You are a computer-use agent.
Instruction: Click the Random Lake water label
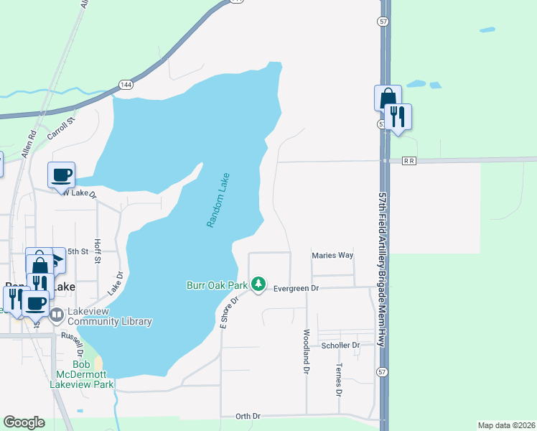coord(218,201)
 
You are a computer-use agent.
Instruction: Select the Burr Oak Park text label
coord(217,285)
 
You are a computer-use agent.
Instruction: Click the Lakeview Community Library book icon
coord(57,314)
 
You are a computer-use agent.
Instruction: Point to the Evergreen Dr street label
coord(295,289)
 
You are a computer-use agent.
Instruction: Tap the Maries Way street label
coord(332,255)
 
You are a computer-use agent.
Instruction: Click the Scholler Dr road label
coord(340,346)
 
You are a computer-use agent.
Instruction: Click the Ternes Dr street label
coord(338,379)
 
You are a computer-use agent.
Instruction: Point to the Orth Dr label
coord(248,417)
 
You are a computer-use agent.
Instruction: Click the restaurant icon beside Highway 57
coord(397,116)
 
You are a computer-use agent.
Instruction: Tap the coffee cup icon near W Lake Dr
coord(62,174)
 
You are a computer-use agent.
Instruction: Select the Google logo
coord(24,422)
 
